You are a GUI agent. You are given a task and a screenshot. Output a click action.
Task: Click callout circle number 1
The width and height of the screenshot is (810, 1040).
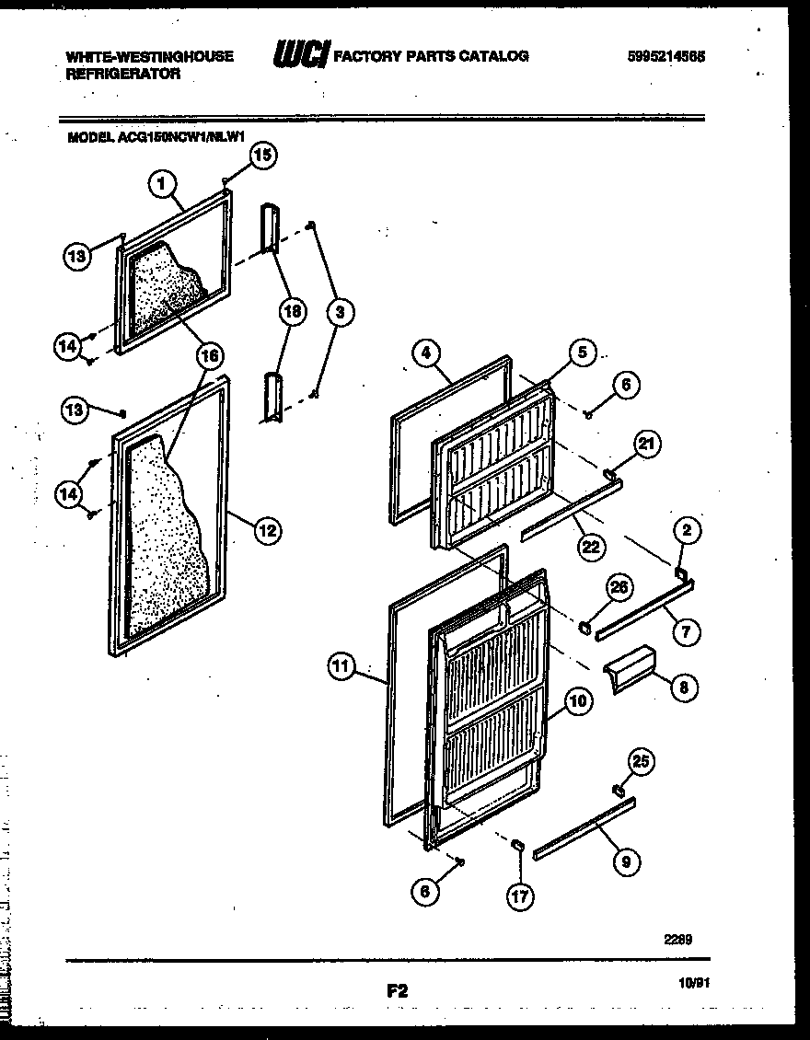click(161, 184)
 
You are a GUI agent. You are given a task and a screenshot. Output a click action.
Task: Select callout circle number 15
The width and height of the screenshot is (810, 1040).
click(262, 156)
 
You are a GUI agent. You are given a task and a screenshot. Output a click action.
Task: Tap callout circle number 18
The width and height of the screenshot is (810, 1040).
click(292, 312)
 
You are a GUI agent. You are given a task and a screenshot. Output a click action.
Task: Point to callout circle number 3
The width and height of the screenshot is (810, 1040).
click(341, 312)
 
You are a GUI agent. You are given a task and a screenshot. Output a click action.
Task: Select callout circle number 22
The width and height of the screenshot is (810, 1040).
click(589, 546)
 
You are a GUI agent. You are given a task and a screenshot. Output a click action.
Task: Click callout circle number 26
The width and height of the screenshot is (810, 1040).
click(619, 586)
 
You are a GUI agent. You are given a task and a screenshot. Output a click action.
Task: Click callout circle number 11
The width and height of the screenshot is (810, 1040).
click(341, 667)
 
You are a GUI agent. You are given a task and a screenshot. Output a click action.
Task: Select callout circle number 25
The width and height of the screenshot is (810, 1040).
click(642, 760)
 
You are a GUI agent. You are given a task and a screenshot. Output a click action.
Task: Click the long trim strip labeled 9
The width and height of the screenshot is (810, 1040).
click(584, 829)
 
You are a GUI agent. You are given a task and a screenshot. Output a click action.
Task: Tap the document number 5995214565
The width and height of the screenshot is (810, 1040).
click(665, 56)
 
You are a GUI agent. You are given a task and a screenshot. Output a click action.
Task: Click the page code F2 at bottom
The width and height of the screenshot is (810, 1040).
click(397, 991)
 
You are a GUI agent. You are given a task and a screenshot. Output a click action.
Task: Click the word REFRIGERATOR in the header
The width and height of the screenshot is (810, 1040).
click(123, 74)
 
